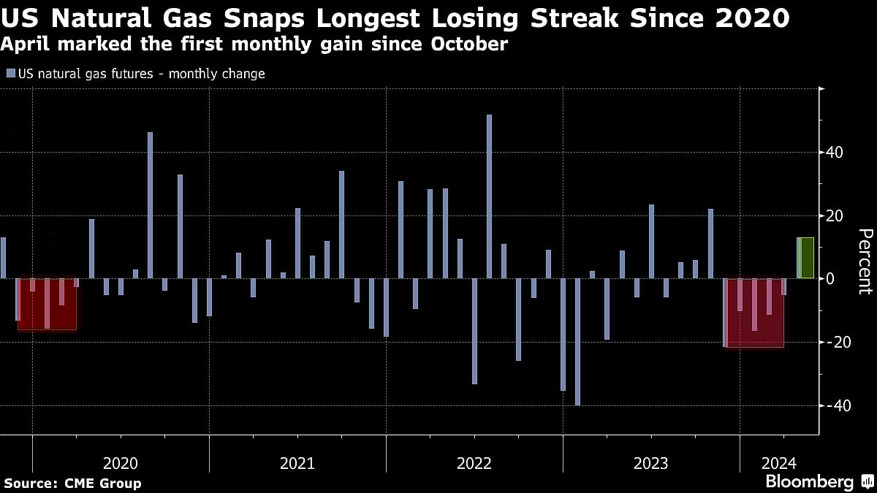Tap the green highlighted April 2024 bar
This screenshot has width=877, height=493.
pyautogui.click(x=805, y=258)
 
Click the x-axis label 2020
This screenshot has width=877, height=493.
pyautogui.click(x=121, y=463)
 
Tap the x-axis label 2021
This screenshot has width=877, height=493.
pyautogui.click(x=297, y=463)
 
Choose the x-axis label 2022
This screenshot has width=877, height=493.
pyautogui.click(x=474, y=463)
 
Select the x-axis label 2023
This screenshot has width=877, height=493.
pyautogui.click(x=650, y=463)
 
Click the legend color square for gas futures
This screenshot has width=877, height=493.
pyautogui.click(x=10, y=74)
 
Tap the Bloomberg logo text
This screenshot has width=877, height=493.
pyautogui.click(x=809, y=481)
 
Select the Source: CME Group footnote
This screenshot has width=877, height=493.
pyautogui.click(x=72, y=483)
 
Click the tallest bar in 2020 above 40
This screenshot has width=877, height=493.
pyautogui.click(x=150, y=205)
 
